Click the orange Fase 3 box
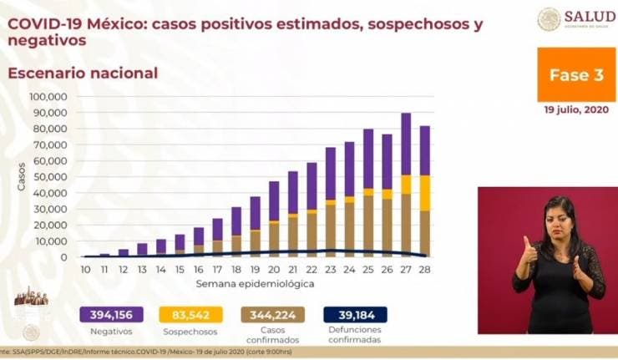[575, 74]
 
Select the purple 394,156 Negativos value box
[112, 315]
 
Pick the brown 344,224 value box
[273, 315]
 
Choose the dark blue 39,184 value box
[354, 315]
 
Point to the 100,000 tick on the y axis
[49, 96]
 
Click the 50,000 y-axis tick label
[52, 176]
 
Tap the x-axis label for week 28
[424, 270]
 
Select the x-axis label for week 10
[85, 270]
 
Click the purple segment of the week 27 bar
[406, 144]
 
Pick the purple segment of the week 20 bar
[274, 200]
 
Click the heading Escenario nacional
[83, 73]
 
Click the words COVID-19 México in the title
[67, 24]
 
